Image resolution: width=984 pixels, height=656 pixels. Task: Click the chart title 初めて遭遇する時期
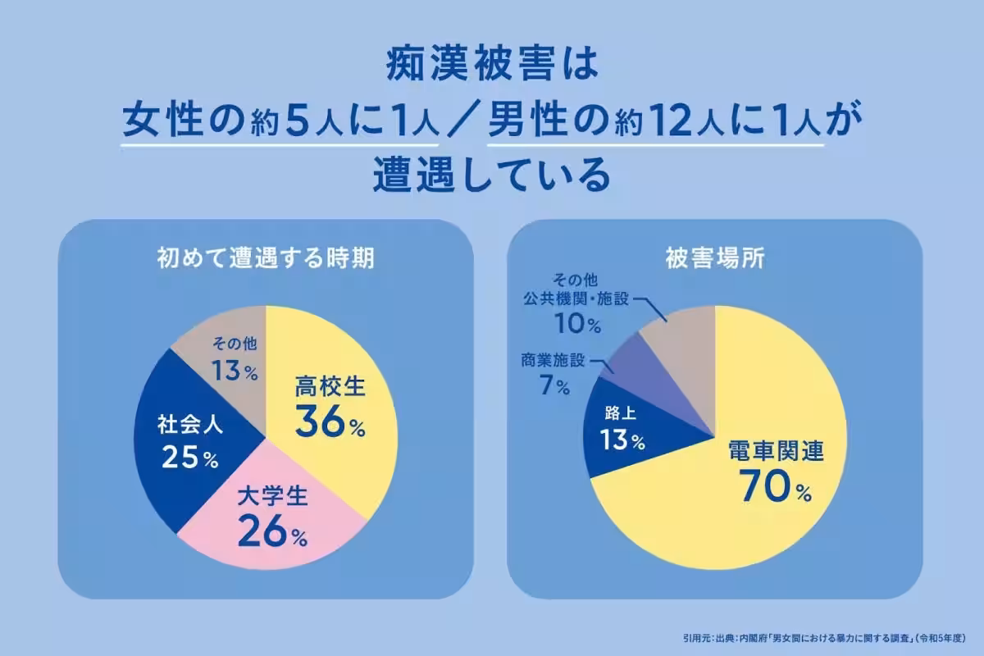click(x=266, y=259)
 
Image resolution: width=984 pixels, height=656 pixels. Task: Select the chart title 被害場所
click(x=714, y=259)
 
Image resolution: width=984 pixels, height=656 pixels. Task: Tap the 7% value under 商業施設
click(x=554, y=386)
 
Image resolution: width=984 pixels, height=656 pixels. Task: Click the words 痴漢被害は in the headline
click(x=492, y=66)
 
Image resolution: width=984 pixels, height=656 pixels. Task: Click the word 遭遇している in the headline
click(x=492, y=175)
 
